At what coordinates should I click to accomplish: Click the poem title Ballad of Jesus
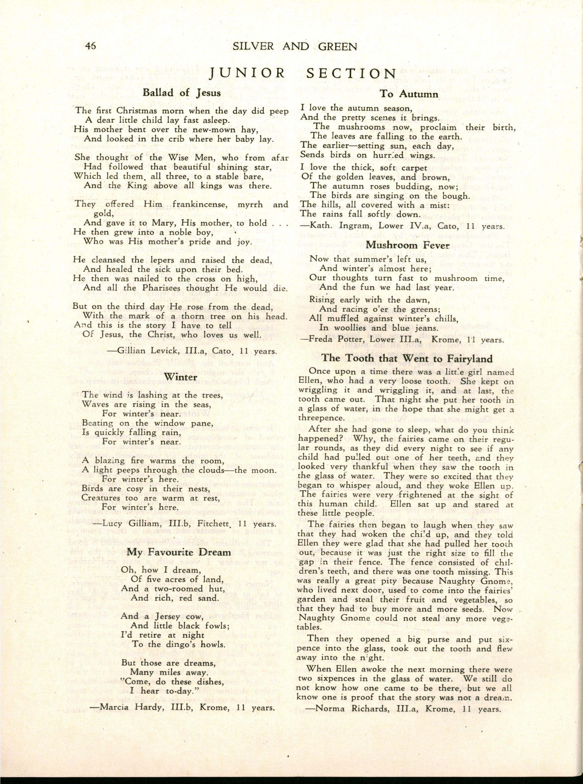[x=182, y=93]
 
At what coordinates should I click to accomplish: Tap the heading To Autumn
[x=409, y=94]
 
